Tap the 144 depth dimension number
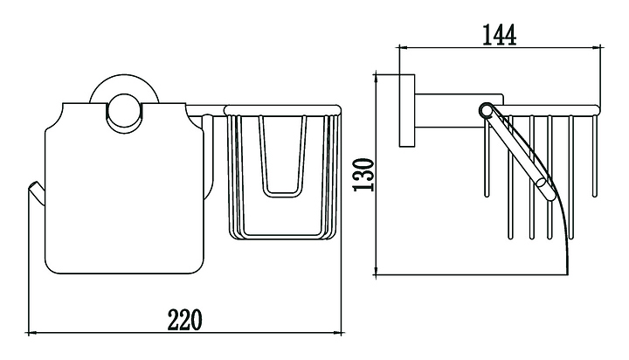(500, 33)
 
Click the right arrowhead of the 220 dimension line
(337, 332)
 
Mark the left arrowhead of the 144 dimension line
(403, 47)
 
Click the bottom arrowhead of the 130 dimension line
(378, 271)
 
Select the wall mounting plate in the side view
(406, 111)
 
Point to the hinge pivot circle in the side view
(486, 109)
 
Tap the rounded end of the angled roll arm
(543, 183)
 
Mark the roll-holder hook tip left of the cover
(32, 188)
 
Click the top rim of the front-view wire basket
(282, 109)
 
